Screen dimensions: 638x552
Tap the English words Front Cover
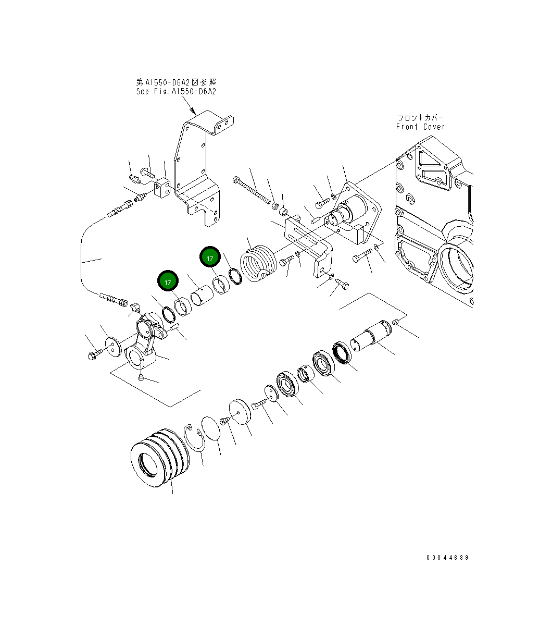420,127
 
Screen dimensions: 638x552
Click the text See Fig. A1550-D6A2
175,91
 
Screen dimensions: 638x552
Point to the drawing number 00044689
447,558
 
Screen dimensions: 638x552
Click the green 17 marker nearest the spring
210,258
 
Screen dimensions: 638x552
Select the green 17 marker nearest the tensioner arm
168,282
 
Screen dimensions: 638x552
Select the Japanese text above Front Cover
420,118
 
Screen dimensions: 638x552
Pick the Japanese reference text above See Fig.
175,82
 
